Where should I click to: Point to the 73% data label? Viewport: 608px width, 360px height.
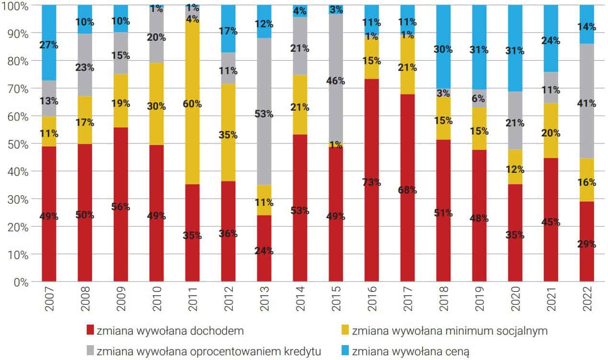(372, 182)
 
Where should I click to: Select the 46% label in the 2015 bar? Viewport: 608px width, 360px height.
(335, 81)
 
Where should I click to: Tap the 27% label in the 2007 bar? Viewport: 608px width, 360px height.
(49, 45)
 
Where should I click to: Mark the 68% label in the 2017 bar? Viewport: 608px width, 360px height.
(407, 190)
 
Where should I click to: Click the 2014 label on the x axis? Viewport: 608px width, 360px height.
(300, 299)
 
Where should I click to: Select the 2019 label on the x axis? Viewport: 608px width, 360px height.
(479, 299)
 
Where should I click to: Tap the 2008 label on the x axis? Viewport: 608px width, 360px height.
(85, 299)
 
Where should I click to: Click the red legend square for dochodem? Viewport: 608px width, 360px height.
(90, 331)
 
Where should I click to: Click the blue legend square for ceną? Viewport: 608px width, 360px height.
(344, 351)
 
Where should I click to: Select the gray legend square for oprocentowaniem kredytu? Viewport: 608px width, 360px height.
(90, 351)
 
